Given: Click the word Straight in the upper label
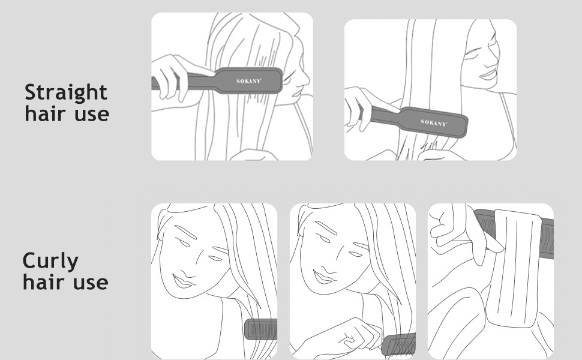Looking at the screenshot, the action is pos(65,92).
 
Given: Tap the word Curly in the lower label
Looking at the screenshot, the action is pos(50,261).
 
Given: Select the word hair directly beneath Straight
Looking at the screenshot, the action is pos(46,113).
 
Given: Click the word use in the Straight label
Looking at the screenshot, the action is pos(92,114).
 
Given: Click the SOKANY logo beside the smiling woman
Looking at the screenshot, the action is pos(434,122).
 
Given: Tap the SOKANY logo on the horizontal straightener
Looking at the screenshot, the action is pos(249,81).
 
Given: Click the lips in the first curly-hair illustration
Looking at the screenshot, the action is pos(183,281).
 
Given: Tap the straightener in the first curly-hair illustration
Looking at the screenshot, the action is pos(261,329).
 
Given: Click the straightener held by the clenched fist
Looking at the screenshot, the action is pos(398,344).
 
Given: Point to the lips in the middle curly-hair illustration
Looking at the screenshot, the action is pos(323,277).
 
